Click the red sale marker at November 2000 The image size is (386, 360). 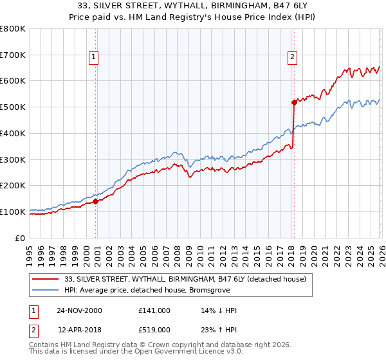(96, 201)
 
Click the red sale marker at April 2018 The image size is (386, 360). (294, 102)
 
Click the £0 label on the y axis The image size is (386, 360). (21, 238)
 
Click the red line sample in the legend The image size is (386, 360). (46, 279)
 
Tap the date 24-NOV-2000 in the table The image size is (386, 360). (79, 310)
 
